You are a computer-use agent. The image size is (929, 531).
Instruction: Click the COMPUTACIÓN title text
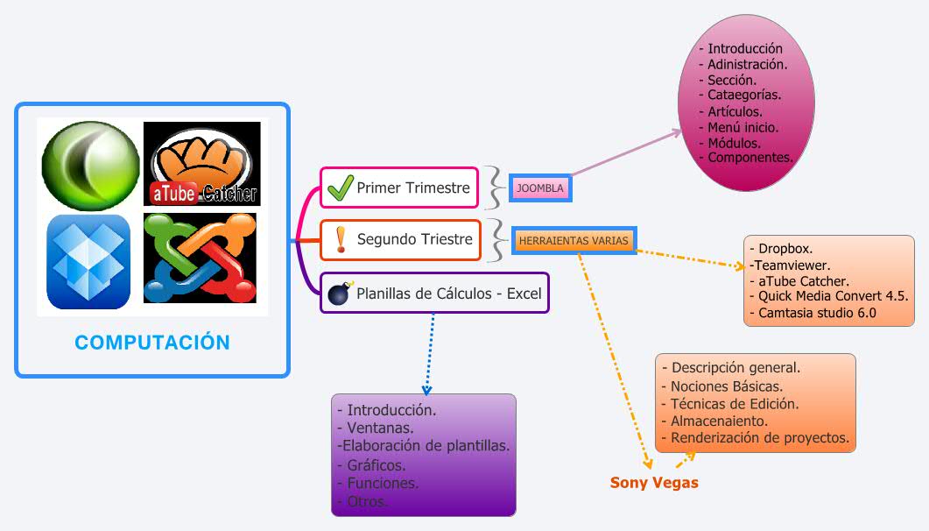(x=152, y=343)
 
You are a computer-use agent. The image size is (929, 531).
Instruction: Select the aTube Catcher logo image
(x=202, y=164)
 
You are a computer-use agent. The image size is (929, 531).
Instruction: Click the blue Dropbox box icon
(x=88, y=261)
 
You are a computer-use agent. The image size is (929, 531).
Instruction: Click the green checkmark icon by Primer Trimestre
(x=338, y=188)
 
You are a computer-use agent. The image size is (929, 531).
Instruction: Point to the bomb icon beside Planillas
(x=339, y=294)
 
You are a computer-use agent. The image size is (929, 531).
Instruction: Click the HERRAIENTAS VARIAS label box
(x=573, y=241)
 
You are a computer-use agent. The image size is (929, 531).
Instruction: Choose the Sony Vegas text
(x=654, y=483)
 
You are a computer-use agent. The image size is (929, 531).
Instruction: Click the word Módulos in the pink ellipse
(x=734, y=143)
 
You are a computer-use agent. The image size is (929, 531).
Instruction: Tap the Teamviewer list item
(x=791, y=265)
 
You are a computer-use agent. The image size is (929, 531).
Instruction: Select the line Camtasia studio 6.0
(x=817, y=312)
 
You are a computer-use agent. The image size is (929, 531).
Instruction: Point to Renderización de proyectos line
(x=759, y=437)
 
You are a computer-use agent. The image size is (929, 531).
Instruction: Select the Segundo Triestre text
(x=414, y=239)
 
